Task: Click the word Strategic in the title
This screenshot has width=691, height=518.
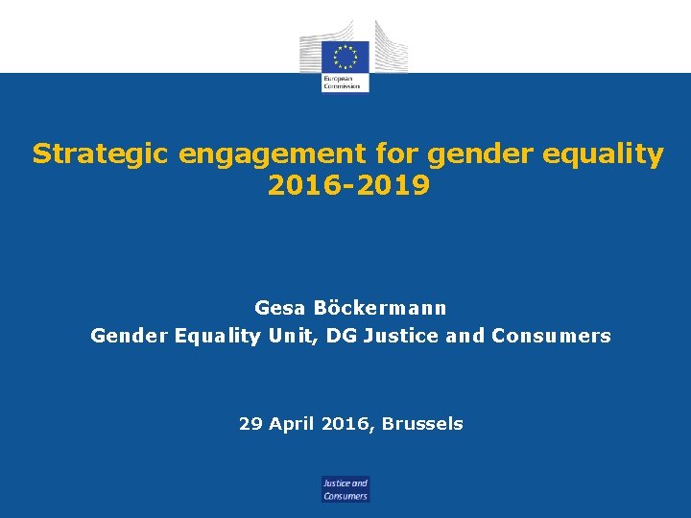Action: tap(89, 154)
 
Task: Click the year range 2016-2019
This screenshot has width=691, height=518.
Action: tap(348, 185)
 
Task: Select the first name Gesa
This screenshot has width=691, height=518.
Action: tap(276, 309)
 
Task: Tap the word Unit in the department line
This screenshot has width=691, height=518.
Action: tap(290, 336)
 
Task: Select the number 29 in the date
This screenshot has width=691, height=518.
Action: tap(250, 423)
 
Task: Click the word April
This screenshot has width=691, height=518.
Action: tap(292, 423)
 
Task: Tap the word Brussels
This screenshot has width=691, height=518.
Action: tap(422, 423)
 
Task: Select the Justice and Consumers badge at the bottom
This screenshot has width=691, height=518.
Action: tap(345, 489)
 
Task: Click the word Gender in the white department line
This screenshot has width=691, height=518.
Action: tap(130, 336)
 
